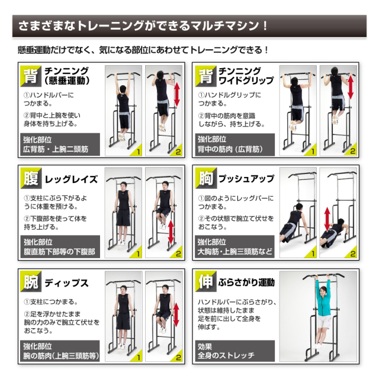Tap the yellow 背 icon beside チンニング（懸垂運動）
click(30, 76)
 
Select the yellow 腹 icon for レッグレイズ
click(30, 178)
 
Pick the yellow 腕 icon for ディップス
click(30, 282)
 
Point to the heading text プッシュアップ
click(246, 178)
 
